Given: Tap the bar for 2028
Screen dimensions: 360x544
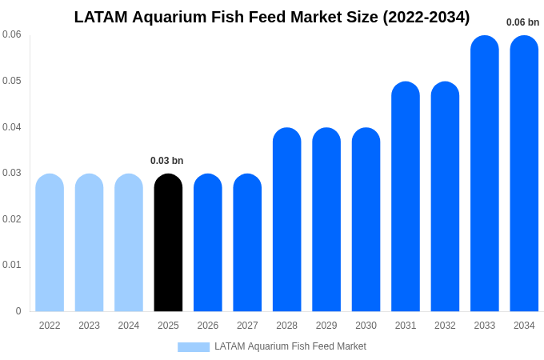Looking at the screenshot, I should [287, 219].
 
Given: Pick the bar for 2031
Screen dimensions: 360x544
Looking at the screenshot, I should [406, 196].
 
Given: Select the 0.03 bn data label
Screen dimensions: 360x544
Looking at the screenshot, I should [167, 161].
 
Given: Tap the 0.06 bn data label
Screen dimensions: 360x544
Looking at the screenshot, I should [523, 22].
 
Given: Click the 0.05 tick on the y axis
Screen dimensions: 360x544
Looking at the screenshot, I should [12, 81].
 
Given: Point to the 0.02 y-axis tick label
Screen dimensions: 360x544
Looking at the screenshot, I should [12, 219].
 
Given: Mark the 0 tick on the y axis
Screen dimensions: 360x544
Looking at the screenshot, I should [18, 311].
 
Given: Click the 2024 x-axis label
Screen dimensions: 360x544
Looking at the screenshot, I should [129, 326].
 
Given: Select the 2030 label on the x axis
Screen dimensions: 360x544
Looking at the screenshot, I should [366, 326].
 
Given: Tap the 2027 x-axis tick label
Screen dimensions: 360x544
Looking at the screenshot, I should [247, 326].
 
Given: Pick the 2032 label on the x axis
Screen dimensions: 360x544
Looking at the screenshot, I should [445, 326].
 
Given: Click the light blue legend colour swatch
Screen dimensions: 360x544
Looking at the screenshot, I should [194, 347].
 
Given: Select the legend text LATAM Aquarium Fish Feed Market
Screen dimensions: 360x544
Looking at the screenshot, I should [290, 346].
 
